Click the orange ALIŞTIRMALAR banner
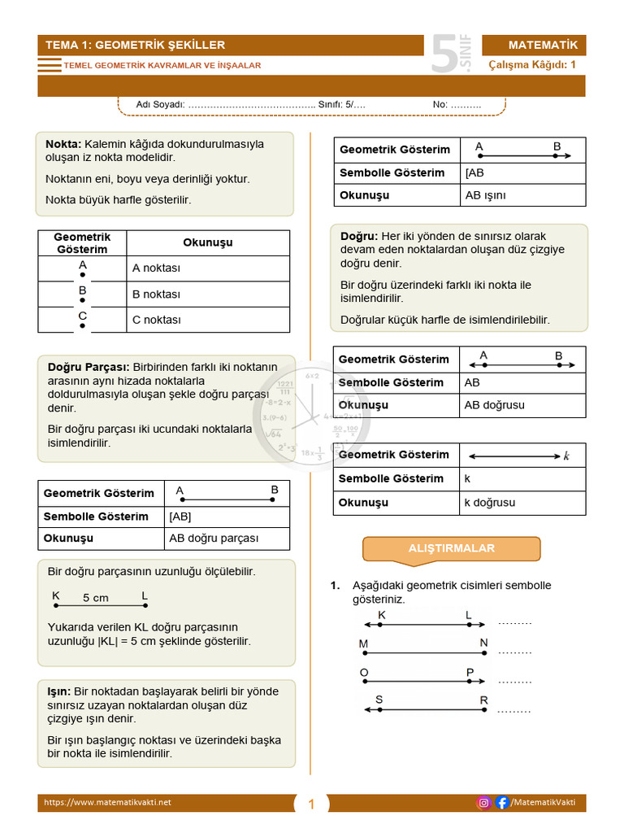451,548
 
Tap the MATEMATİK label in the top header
543,45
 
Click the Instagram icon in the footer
483,803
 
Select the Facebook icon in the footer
502,803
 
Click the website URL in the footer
107,803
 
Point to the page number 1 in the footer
310,805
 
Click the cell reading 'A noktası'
156,268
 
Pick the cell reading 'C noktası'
156,320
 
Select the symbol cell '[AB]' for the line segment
180,517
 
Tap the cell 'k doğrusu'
489,503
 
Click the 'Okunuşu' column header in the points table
208,242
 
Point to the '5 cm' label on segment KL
95,598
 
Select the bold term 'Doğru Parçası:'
89,367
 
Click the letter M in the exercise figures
363,643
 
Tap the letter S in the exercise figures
379,700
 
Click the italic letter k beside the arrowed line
566,456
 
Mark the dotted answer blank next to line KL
514,622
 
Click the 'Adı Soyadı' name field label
159,105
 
